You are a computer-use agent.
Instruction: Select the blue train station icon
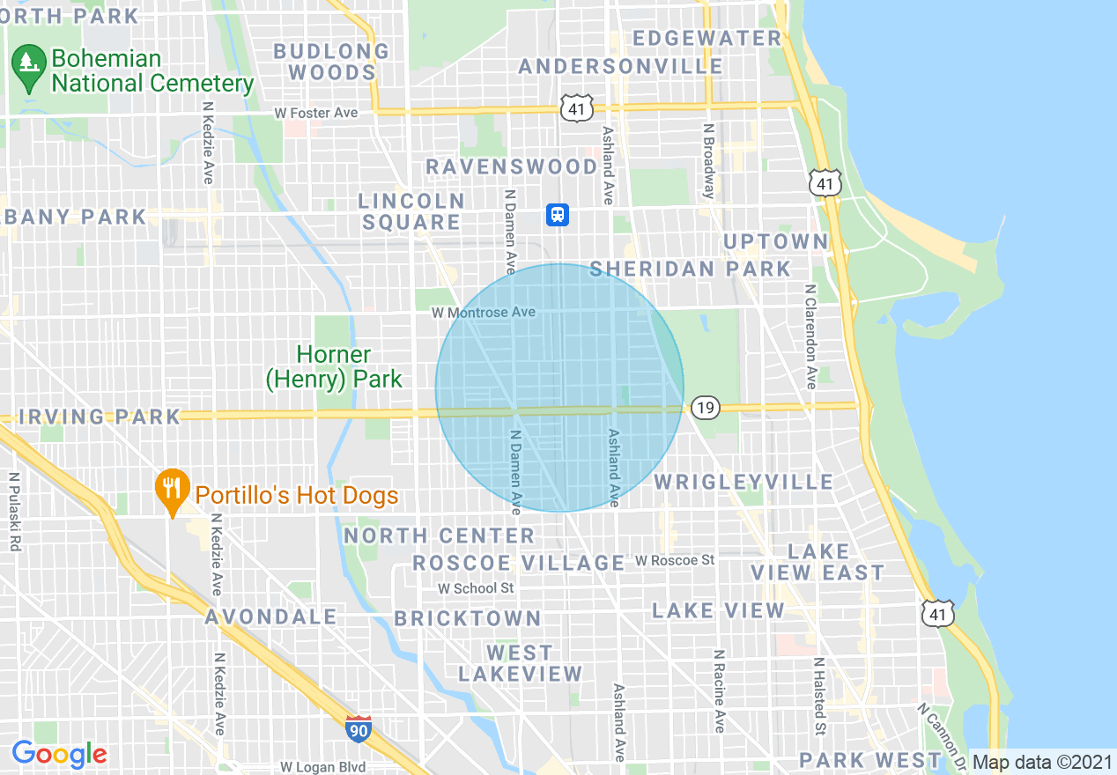click(x=558, y=214)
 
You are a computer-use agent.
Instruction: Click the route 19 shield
click(x=705, y=407)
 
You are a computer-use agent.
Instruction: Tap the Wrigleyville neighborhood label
click(x=743, y=482)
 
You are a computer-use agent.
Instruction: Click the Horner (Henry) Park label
click(x=334, y=367)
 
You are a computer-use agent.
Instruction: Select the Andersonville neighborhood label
click(x=621, y=67)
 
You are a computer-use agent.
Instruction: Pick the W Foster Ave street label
click(x=315, y=113)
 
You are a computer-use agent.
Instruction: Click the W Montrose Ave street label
click(x=483, y=313)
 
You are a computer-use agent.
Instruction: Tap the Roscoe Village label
click(x=519, y=563)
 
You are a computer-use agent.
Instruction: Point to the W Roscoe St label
click(x=675, y=560)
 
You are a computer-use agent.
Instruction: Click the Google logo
click(x=59, y=754)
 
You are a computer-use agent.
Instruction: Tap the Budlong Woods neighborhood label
click(x=331, y=62)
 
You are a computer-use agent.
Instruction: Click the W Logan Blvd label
click(x=322, y=767)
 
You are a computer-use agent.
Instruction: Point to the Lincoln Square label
click(x=411, y=212)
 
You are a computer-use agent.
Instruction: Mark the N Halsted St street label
click(x=818, y=696)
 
